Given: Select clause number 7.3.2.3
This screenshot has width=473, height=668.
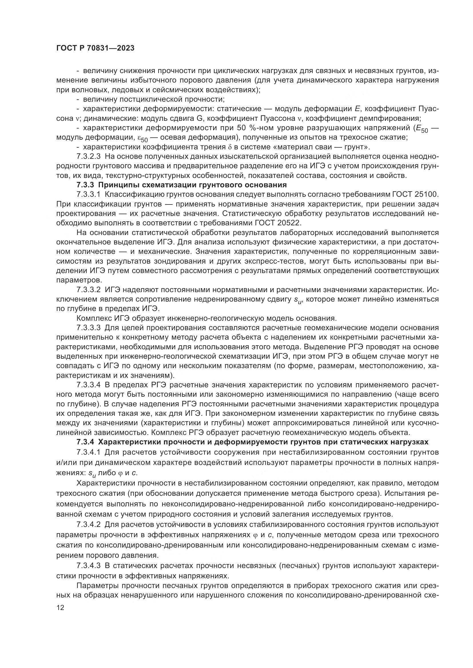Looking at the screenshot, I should coord(89,157).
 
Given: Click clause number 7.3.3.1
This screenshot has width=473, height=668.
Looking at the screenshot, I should coord(89,194).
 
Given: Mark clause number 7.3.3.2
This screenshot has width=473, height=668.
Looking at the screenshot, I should coord(89,290).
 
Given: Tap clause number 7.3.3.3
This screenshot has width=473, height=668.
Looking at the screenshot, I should coord(89,328).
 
